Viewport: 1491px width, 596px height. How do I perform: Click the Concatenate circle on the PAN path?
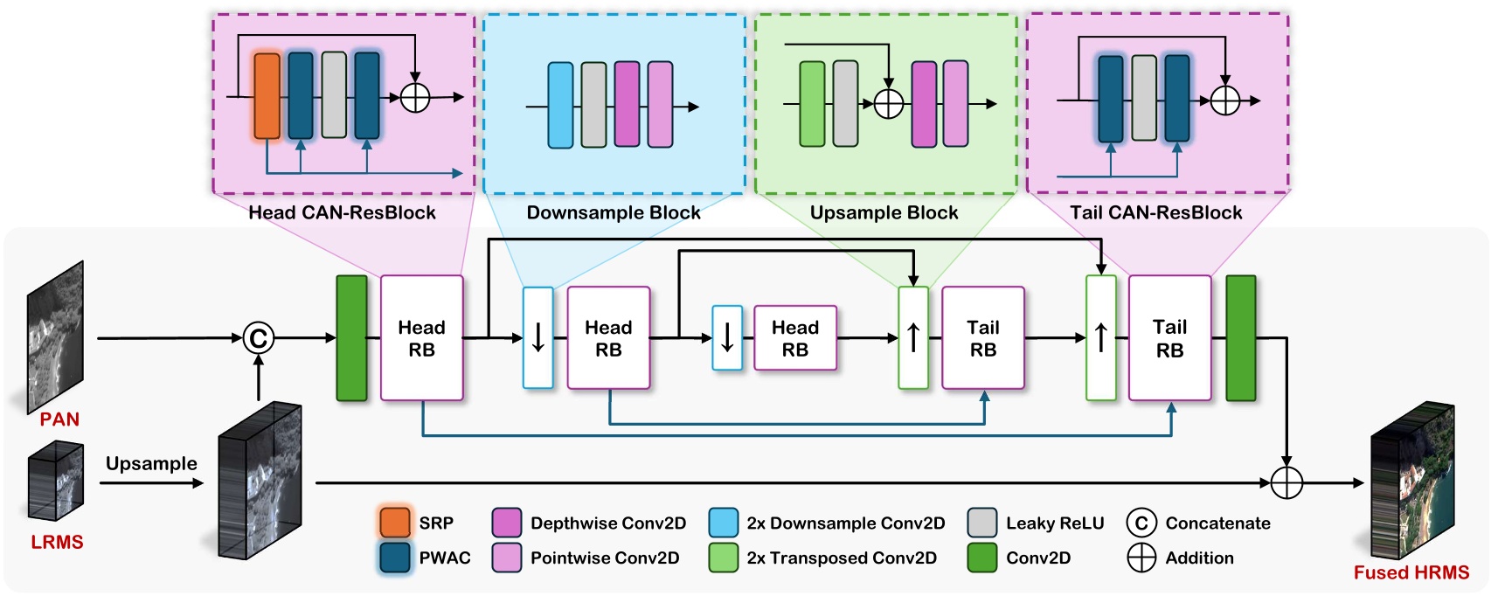coord(258,338)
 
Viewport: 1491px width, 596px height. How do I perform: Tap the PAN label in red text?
coord(59,419)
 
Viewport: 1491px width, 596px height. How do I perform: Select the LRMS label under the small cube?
coord(57,542)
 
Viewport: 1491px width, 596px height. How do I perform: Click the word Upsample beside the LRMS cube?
coord(151,463)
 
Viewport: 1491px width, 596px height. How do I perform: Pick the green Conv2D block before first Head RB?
coord(352,338)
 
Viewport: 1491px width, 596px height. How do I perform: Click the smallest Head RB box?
coord(794,338)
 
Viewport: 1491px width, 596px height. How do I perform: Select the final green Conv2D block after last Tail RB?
coord(1240,338)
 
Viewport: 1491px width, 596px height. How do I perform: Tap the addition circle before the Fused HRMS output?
coord(1286,482)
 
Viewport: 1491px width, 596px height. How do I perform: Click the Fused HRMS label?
coord(1411,572)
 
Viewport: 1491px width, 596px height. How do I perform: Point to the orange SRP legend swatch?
coord(395,523)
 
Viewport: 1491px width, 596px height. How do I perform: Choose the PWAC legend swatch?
coord(395,558)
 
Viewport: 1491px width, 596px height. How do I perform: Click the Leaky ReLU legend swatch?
coord(982,523)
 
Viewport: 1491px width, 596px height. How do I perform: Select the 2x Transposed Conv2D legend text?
coord(841,558)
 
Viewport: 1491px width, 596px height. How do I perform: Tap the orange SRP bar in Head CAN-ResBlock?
coord(267,96)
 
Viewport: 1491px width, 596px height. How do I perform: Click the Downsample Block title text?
coord(614,212)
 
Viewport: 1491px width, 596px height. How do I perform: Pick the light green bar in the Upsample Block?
coord(812,104)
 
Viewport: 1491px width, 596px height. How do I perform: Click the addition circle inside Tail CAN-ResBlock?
coord(1224,100)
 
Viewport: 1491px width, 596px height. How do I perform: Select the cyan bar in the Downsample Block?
coord(560,105)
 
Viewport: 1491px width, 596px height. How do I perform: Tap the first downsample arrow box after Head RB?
coord(537,338)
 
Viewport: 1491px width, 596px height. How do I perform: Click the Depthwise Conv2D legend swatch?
coord(507,523)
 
